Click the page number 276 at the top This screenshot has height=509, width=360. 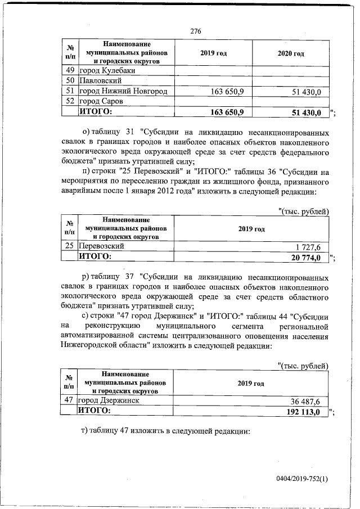[x=196, y=31]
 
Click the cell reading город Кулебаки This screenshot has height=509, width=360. [x=106, y=70]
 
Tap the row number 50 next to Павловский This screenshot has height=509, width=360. [x=70, y=81]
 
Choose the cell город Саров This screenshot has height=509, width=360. [x=101, y=101]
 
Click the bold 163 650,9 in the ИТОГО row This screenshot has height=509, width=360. [x=226, y=112]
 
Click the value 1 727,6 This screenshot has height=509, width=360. [x=308, y=246]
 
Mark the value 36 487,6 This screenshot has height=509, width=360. [x=306, y=401]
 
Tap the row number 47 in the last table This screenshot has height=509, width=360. [x=70, y=401]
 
